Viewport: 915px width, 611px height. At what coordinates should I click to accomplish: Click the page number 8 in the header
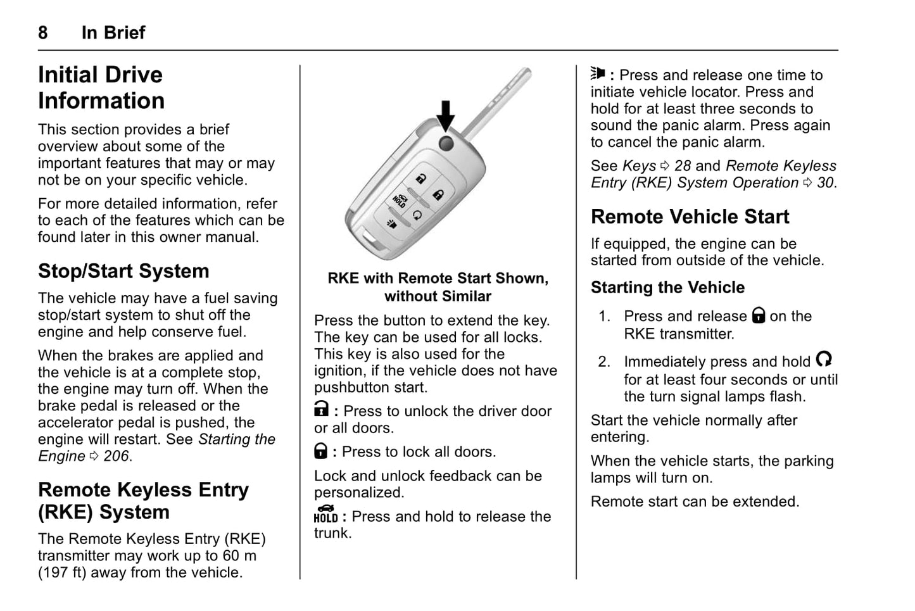tap(42, 32)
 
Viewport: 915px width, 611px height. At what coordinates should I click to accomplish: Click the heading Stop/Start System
tap(123, 271)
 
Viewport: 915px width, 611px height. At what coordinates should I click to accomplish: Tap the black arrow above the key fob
tap(446, 115)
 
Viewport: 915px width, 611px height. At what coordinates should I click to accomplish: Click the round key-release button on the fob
tap(446, 143)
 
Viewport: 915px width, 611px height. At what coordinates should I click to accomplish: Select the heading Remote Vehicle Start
tap(690, 217)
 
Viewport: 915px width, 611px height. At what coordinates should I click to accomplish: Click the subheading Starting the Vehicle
tap(667, 287)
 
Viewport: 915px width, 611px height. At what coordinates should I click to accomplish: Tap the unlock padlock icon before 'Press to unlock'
tap(322, 410)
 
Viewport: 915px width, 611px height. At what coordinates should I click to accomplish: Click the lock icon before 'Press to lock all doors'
tap(321, 451)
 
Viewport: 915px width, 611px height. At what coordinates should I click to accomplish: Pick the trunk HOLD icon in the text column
tap(325, 513)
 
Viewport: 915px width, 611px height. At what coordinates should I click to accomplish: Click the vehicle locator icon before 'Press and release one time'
tap(598, 73)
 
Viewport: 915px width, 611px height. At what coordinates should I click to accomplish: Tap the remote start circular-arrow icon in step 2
tap(824, 360)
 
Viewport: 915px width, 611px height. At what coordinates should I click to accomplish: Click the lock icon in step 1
tap(759, 315)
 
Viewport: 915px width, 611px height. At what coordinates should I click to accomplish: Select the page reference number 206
tap(117, 456)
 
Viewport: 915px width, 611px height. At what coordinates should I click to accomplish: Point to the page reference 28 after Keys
tap(683, 166)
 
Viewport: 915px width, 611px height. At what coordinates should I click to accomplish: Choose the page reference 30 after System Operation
tap(825, 183)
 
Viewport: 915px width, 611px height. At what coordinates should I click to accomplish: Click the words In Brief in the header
tap(113, 32)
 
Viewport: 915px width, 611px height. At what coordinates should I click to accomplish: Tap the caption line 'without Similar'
tap(438, 296)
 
